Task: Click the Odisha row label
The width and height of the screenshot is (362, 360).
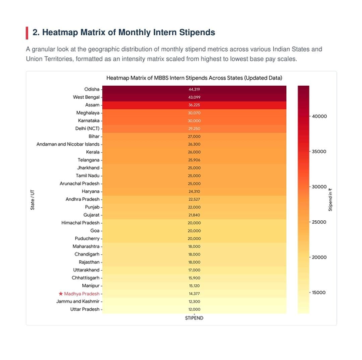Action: pos(92,89)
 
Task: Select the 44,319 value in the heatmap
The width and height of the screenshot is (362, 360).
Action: pos(194,89)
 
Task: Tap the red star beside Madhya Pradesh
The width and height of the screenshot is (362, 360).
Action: pos(61,294)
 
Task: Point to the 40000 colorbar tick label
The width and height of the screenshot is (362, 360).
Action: pos(319,116)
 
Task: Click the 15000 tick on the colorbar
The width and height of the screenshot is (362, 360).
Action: pos(319,292)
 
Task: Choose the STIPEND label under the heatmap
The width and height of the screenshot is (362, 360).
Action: pos(194,318)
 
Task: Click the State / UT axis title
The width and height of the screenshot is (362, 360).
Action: pos(32,200)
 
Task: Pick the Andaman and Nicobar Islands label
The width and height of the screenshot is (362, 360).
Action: pos(68,144)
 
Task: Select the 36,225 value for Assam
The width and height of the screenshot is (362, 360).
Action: pos(194,105)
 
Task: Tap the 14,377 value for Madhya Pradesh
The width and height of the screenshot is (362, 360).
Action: pos(194,294)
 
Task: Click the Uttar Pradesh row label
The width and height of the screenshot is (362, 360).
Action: pos(85,309)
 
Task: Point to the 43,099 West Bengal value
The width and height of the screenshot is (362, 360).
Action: pos(194,97)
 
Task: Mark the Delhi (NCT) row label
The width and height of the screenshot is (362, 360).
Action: pos(87,129)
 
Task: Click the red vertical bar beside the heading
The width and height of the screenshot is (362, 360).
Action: pos(27,33)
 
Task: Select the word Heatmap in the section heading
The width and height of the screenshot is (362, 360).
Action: pos(60,32)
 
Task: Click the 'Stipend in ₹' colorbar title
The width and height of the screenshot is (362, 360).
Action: pos(330,200)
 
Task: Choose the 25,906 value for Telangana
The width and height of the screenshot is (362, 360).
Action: pos(194,160)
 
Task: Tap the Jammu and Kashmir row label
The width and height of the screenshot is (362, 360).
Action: pos(78,301)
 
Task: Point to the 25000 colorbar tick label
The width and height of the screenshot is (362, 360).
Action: pos(319,222)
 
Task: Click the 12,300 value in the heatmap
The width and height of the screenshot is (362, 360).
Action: pos(194,301)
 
